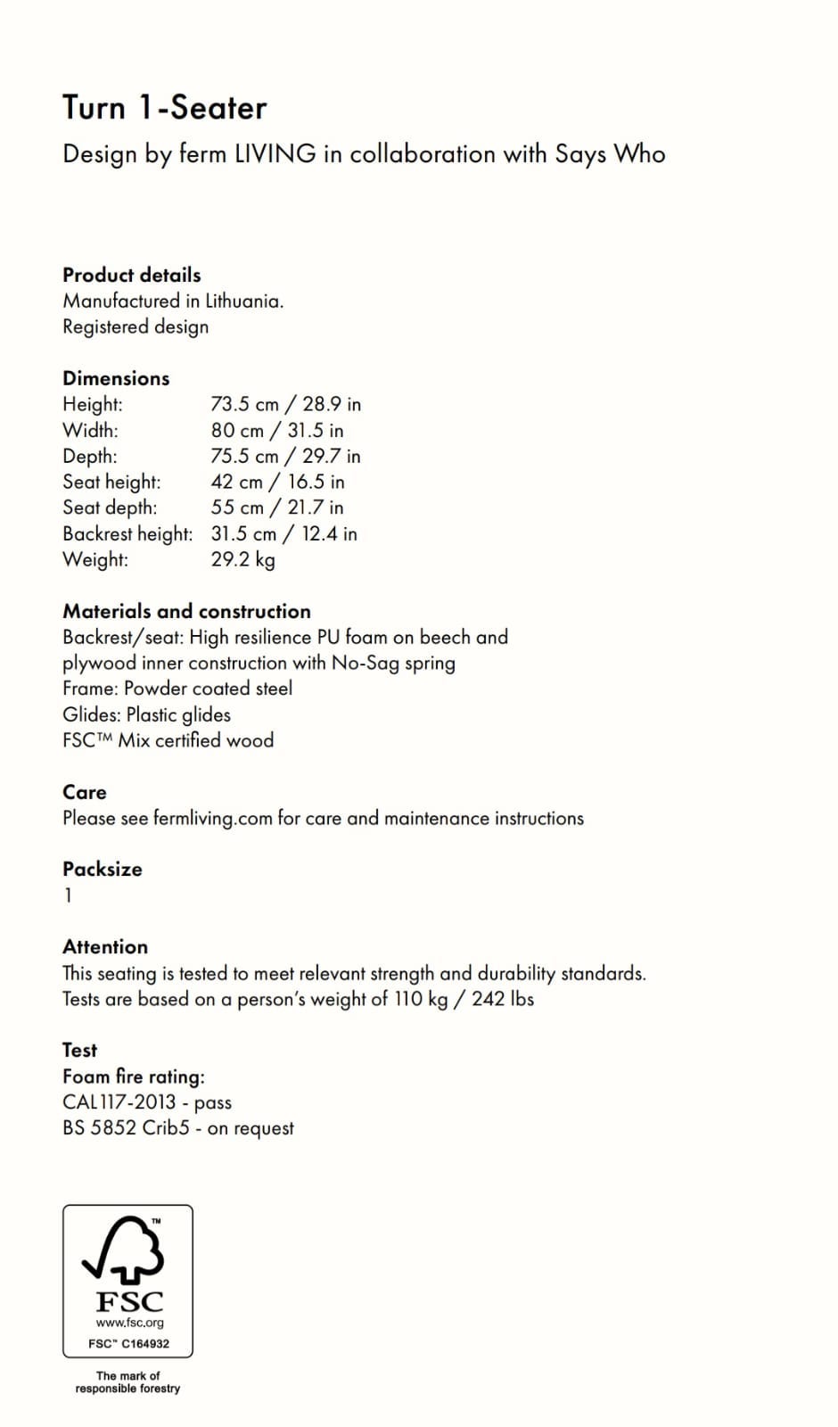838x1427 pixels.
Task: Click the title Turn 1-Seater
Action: tap(164, 108)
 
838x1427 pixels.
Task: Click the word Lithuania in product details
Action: tap(243, 301)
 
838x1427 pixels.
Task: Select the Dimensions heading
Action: tap(116, 378)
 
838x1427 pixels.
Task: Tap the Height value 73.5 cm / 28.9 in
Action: tap(285, 404)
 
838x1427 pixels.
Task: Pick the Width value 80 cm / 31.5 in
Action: tap(276, 430)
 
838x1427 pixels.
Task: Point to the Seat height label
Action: tap(111, 482)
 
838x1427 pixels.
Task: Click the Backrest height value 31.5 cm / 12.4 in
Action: tap(283, 533)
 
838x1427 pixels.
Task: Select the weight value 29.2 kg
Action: tap(242, 559)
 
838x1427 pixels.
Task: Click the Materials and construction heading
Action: tap(186, 611)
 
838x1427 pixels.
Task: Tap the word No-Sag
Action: tap(365, 663)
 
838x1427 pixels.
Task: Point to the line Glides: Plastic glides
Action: tap(146, 714)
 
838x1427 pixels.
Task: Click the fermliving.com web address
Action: tap(212, 818)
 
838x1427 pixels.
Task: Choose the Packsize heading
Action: tap(102, 869)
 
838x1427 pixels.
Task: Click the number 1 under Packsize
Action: tap(68, 895)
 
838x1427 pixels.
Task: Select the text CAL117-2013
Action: tap(119, 1102)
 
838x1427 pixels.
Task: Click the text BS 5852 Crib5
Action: tap(126, 1128)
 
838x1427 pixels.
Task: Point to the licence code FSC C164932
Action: tap(128, 1343)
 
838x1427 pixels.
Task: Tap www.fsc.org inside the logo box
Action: tap(129, 1323)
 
